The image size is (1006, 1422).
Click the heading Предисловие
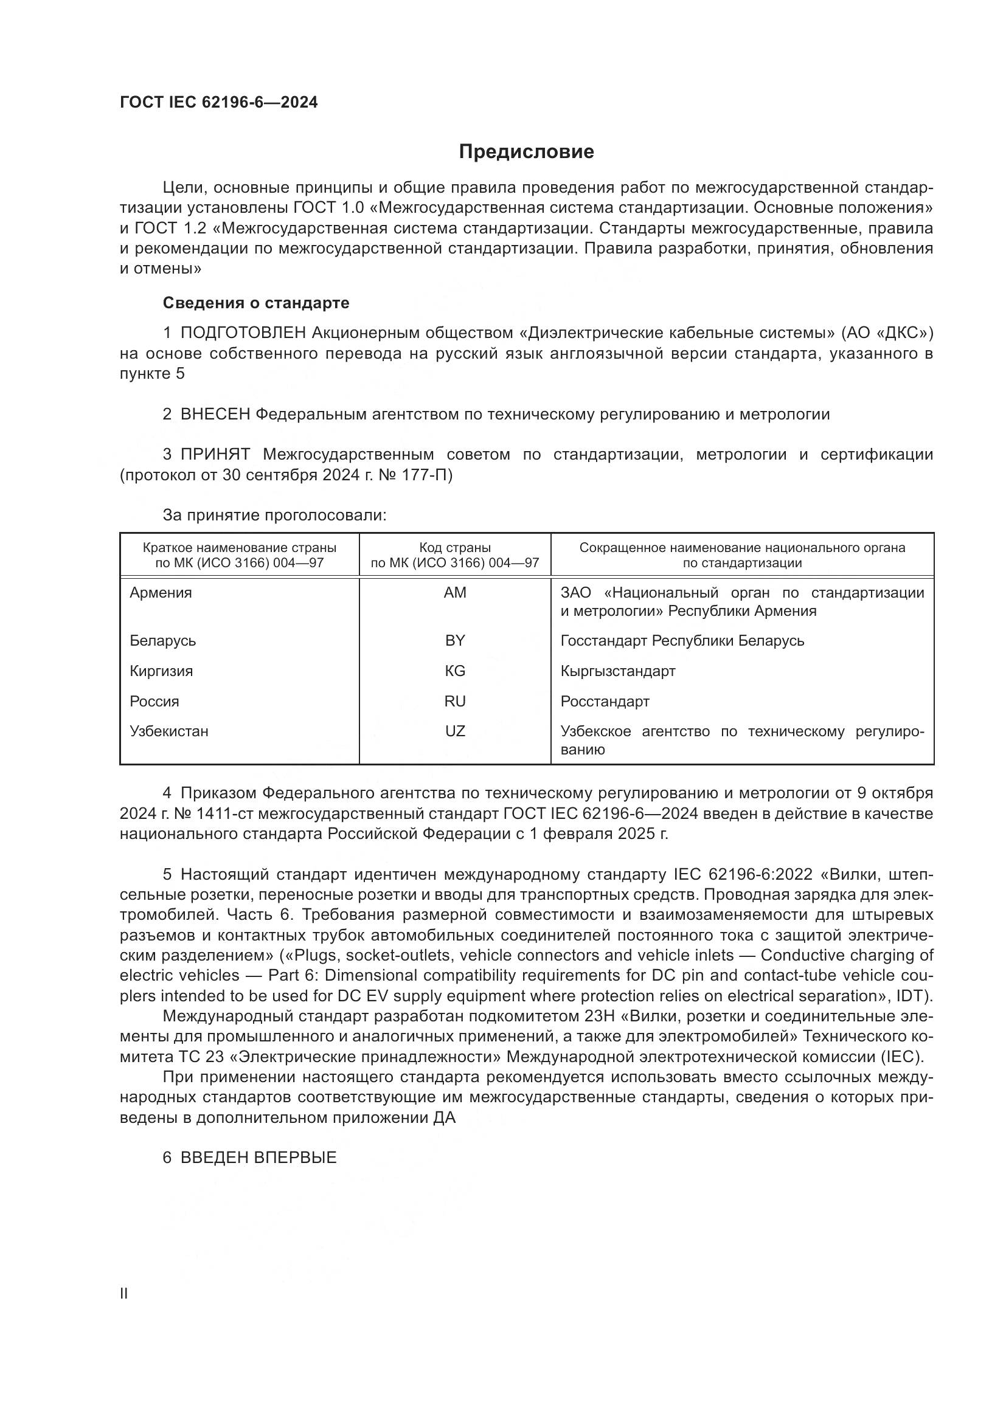(526, 152)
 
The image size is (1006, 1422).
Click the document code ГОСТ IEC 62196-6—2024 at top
(219, 103)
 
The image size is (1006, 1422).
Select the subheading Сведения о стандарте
(256, 303)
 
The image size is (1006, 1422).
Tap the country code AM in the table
(455, 593)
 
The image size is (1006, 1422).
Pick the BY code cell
(455, 640)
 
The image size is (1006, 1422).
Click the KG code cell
(455, 671)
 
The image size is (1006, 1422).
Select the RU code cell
(455, 701)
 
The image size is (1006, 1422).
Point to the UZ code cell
(455, 731)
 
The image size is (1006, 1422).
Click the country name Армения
(161, 593)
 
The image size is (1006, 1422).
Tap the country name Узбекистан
(169, 731)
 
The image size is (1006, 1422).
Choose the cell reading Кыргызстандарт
(617, 671)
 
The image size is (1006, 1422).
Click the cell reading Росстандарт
(605, 701)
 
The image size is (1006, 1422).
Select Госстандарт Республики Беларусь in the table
(682, 640)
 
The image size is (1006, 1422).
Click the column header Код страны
(455, 548)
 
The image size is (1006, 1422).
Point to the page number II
(124, 1293)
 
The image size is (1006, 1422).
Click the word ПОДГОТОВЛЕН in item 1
(243, 333)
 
